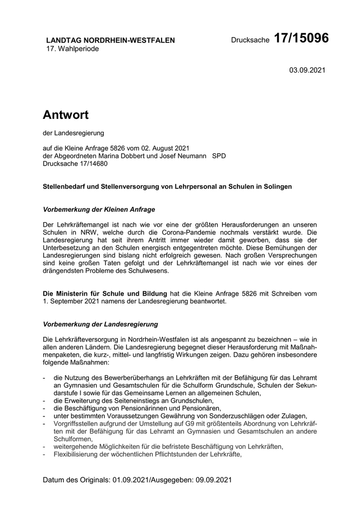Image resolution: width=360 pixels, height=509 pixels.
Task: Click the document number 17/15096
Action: (x=301, y=38)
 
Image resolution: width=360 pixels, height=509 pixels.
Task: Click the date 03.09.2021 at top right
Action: (x=308, y=69)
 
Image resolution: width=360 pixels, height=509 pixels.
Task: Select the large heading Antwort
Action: (x=65, y=115)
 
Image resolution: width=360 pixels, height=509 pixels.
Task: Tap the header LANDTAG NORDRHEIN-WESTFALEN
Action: (x=111, y=40)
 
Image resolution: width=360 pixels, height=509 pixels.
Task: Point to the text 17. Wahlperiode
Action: (x=73, y=49)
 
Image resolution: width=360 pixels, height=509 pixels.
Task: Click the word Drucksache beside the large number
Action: (x=250, y=40)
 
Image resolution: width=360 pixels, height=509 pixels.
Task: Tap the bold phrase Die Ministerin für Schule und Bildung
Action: (x=104, y=294)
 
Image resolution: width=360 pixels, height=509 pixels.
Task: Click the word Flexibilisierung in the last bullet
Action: (x=76, y=455)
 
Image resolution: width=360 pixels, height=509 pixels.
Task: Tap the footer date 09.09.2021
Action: (x=214, y=480)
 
